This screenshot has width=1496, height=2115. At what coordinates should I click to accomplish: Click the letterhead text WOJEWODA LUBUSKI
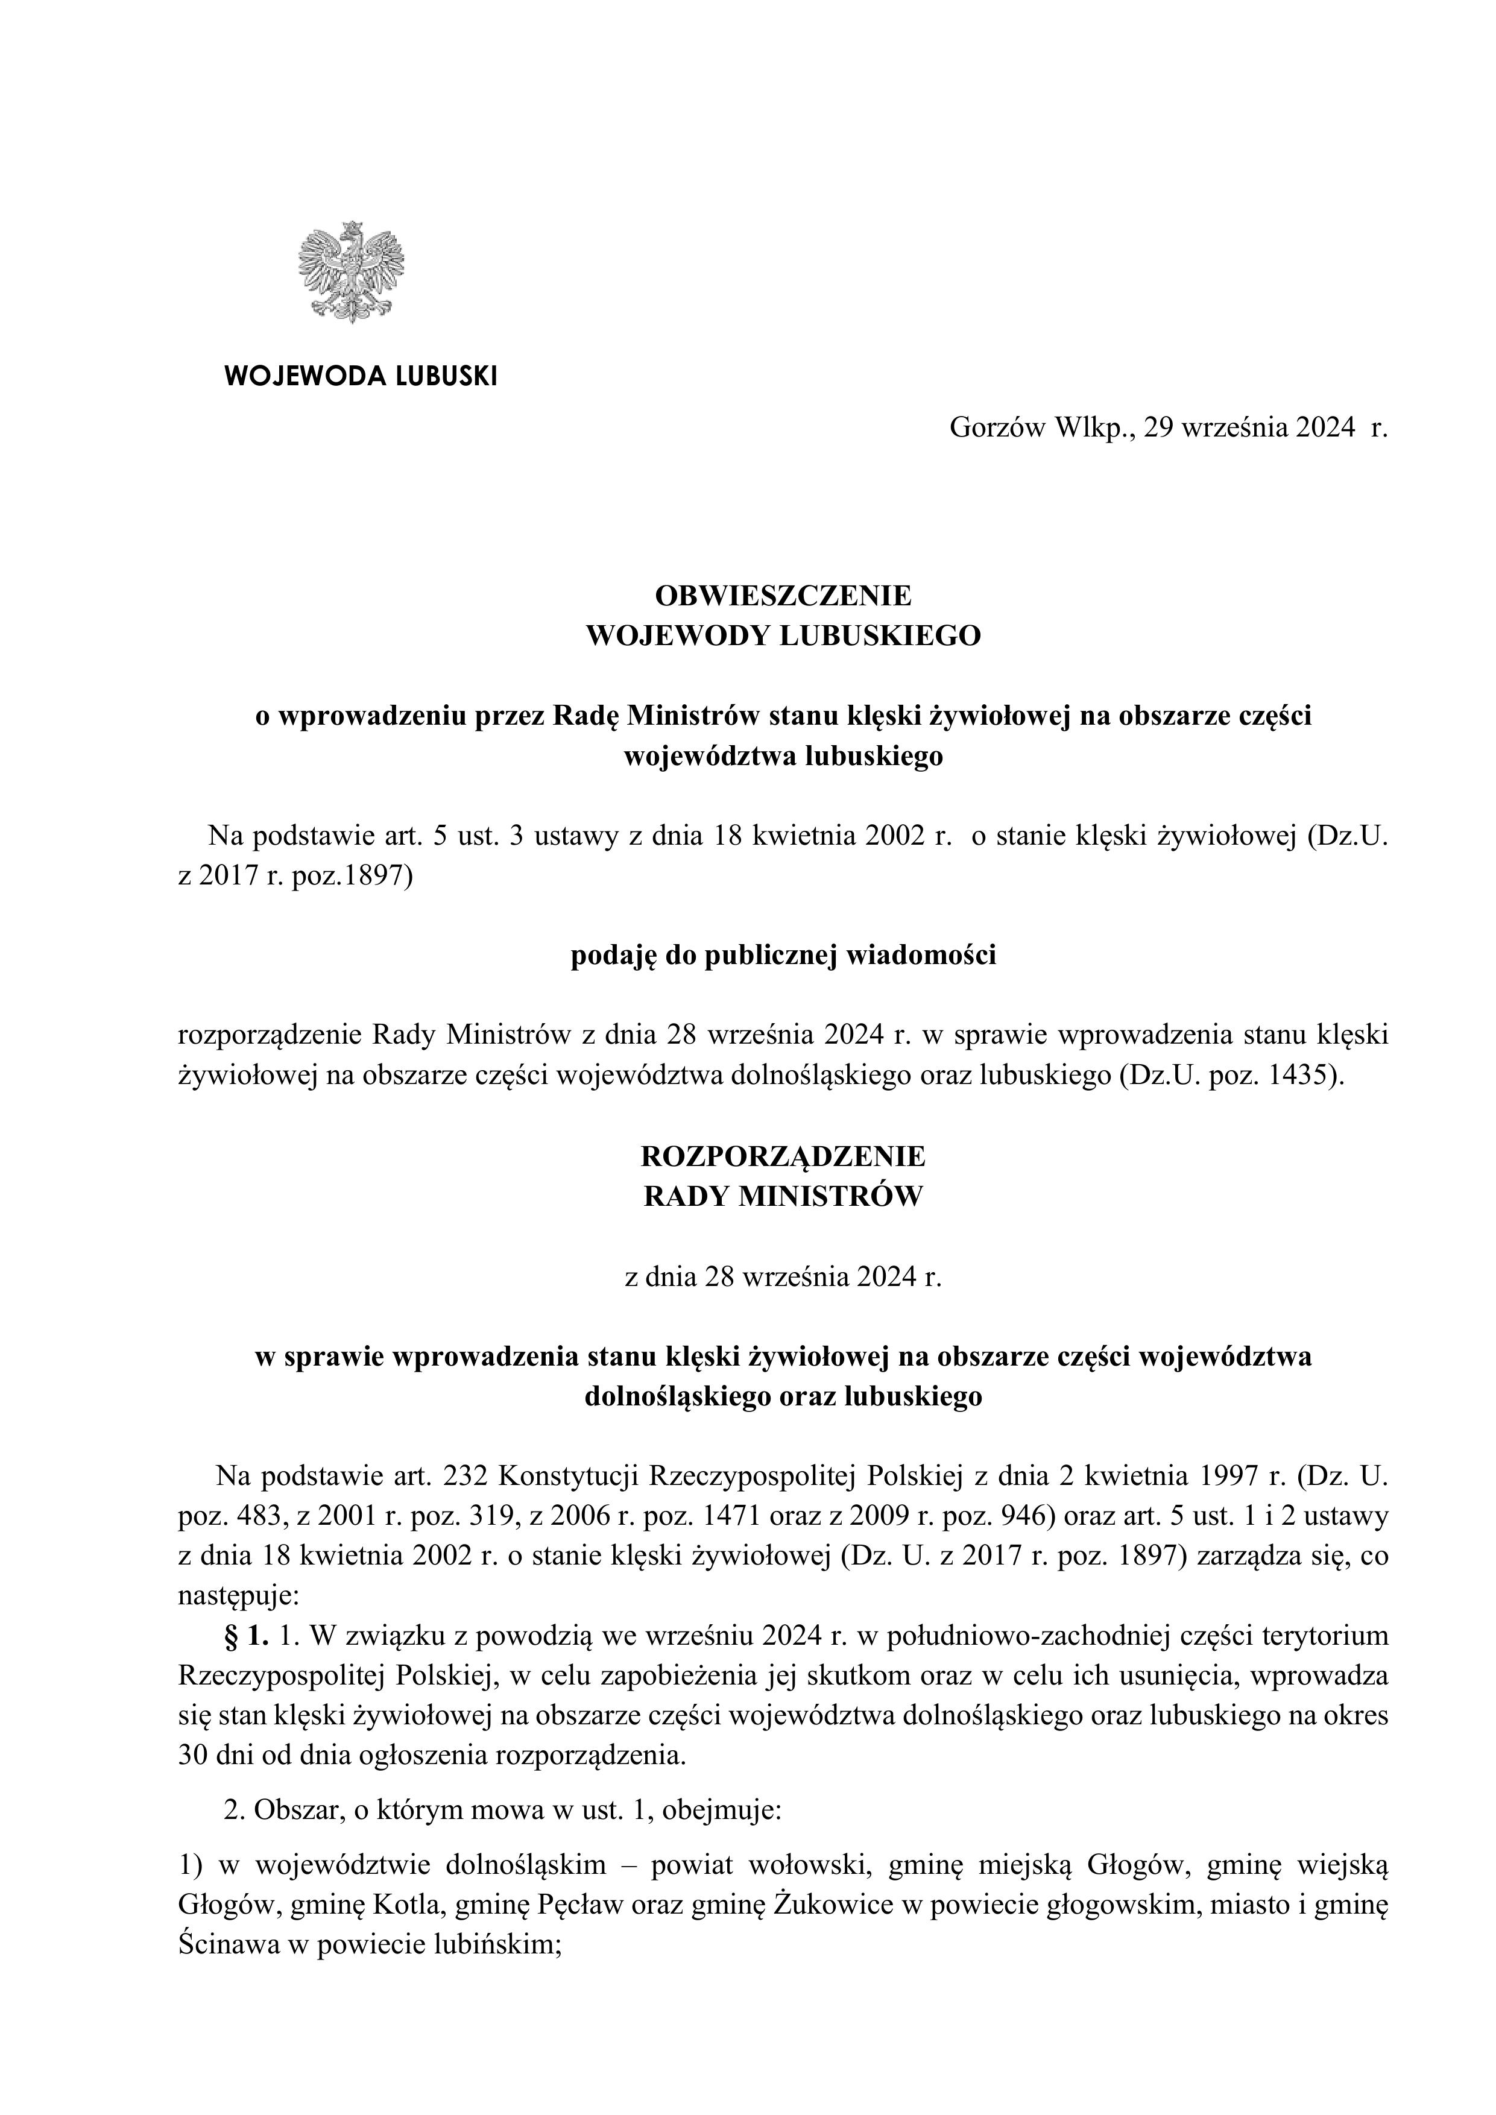click(360, 376)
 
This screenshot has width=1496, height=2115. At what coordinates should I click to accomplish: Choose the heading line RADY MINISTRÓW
click(783, 1197)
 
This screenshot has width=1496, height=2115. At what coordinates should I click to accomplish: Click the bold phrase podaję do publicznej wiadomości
click(783, 956)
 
